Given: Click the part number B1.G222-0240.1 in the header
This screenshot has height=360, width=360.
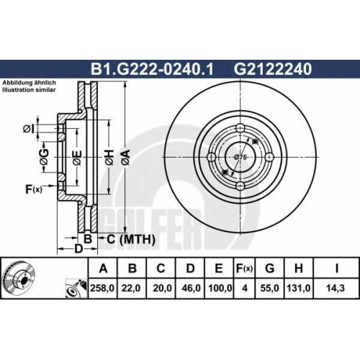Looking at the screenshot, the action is (152, 69).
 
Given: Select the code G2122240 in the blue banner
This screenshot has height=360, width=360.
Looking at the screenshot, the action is (273, 69).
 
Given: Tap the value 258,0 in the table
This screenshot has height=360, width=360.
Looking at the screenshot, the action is (102, 288).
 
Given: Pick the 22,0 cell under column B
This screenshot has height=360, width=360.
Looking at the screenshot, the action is (131, 288).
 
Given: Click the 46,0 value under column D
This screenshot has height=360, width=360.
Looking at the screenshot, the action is (191, 288).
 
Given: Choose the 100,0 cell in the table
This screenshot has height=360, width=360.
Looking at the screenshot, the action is (220, 288).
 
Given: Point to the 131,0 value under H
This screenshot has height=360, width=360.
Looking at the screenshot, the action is (299, 288).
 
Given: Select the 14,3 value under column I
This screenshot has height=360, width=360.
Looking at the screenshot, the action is (336, 288).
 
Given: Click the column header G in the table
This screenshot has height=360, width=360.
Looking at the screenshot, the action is (270, 268).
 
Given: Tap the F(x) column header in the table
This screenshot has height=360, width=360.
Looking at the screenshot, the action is (244, 269).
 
